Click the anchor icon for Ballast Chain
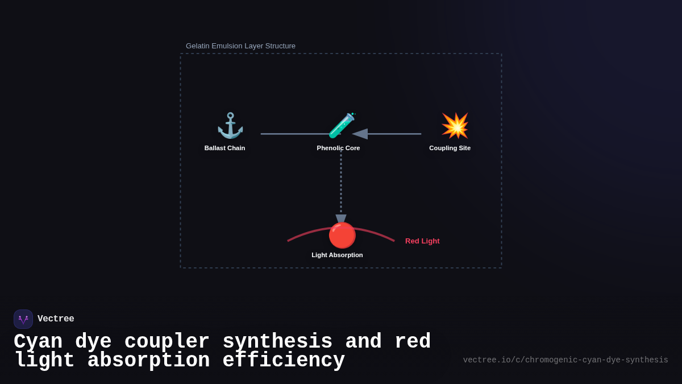tap(230, 125)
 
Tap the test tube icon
tap(341, 125)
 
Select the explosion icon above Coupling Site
tap(455, 125)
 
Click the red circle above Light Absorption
tap(342, 235)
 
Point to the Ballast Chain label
tap(224, 148)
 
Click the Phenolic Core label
tap(338, 148)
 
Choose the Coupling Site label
tap(450, 148)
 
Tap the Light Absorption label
tap(337, 255)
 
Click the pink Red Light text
tap(422, 241)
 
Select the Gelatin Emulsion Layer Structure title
tap(240, 46)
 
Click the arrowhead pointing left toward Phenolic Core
tap(360, 134)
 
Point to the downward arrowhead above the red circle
tap(341, 218)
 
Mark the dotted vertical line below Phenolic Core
tap(341, 182)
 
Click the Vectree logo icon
tap(23, 319)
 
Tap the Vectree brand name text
tap(56, 319)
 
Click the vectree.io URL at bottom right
tap(565, 360)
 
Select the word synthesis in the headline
tap(277, 342)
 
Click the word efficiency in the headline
tap(284, 361)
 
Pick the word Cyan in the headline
tap(38, 342)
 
